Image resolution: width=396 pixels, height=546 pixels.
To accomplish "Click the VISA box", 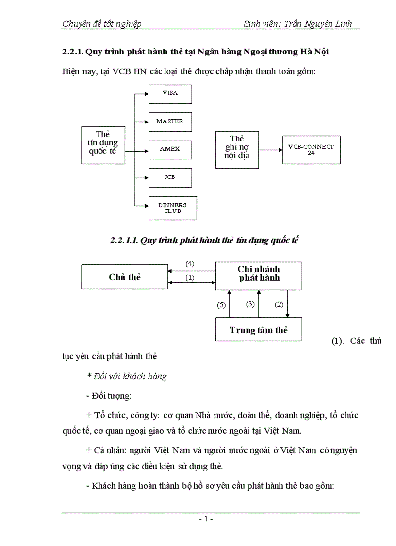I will (x=170, y=93).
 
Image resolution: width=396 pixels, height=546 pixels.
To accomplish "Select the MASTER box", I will (x=170, y=121).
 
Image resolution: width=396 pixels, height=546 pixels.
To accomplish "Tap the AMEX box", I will (x=170, y=149).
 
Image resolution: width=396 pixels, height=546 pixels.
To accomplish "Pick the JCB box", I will (x=170, y=177).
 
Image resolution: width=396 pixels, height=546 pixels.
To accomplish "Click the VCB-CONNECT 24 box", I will (x=311, y=149).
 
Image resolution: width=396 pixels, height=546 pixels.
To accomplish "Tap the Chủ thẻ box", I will (x=124, y=277).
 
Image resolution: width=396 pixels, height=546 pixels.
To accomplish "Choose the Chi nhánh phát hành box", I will (x=258, y=273).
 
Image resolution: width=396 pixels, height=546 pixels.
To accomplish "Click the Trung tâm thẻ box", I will (x=258, y=330).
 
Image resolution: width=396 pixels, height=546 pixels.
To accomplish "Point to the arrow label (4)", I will (x=190, y=264).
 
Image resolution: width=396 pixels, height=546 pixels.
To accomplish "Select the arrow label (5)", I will (x=221, y=305).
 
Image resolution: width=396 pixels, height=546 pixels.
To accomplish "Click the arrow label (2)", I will (x=279, y=305).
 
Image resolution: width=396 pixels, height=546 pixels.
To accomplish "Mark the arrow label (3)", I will (x=250, y=304).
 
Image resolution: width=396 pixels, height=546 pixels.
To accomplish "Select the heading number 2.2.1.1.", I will (x=124, y=241).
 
